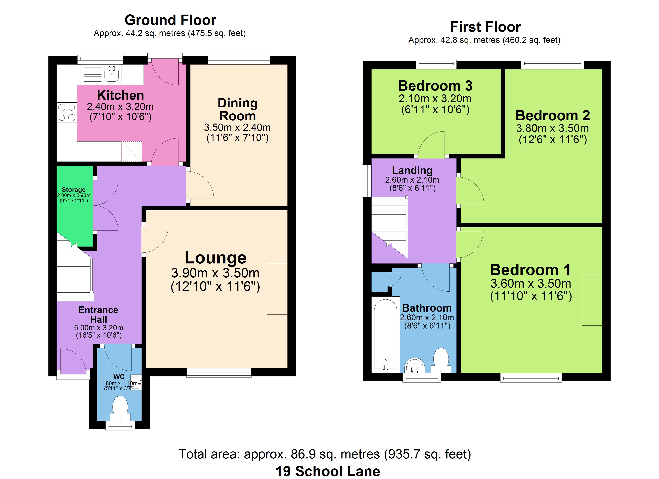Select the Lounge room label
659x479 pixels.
point(216,258)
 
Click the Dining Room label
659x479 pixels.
point(238,110)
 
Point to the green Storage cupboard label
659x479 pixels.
point(73,190)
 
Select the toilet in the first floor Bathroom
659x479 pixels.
point(441,360)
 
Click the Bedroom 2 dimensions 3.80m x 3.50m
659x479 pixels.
point(552,128)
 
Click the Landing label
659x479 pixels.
point(412,170)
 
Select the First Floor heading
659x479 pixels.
point(485,27)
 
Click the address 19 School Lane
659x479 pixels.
point(328,471)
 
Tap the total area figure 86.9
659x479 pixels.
point(303,454)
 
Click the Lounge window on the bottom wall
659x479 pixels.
point(219,373)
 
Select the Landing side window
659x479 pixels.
point(367,181)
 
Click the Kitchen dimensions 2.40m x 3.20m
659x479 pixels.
point(120,107)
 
